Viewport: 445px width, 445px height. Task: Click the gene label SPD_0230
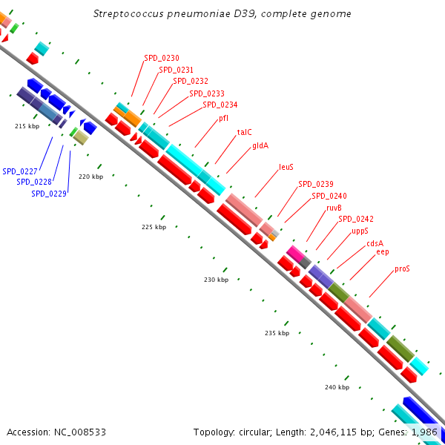click(161, 58)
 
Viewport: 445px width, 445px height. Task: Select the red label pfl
click(223, 118)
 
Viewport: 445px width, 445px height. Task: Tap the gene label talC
click(244, 132)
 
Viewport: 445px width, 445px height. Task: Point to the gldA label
click(260, 145)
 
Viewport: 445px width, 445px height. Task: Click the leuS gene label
click(286, 168)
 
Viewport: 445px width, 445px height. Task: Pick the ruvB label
click(334, 208)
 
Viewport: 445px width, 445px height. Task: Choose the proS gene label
click(402, 268)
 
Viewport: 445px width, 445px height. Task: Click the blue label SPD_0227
click(19, 171)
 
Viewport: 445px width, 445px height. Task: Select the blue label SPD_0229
click(49, 194)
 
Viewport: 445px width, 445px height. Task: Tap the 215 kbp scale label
click(27, 127)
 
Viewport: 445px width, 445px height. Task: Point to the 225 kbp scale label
click(154, 227)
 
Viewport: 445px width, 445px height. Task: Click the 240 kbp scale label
click(337, 388)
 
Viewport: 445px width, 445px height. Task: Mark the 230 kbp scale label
click(217, 280)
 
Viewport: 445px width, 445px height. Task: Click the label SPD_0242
click(356, 219)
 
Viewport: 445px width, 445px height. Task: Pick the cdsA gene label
click(375, 243)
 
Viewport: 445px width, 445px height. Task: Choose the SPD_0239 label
click(315, 184)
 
